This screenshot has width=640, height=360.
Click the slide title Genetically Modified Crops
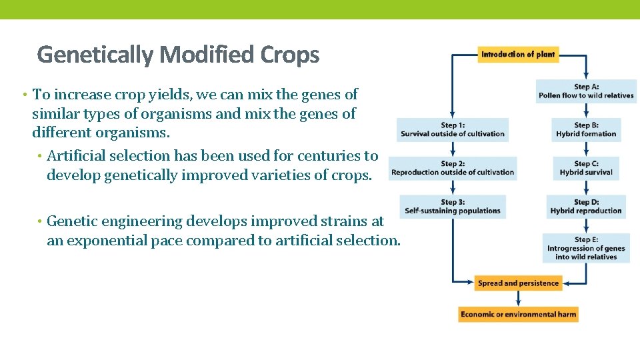pos(178,54)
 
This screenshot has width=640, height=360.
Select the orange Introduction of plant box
pos(518,54)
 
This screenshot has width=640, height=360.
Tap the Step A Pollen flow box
pos(586,91)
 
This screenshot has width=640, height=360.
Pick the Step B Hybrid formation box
pos(586,129)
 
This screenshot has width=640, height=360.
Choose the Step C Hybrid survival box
pos(586,168)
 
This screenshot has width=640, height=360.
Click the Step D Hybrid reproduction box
pos(586,207)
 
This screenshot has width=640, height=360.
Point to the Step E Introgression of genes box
pos(586,248)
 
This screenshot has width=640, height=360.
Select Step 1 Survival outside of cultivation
pos(453,129)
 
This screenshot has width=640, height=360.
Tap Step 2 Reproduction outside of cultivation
pos(453,168)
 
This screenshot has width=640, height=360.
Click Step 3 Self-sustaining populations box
pos(453,207)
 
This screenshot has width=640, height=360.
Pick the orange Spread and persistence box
pos(518,283)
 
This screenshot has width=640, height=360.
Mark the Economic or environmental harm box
pos(518,314)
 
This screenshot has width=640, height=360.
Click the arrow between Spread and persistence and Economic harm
pos(518,299)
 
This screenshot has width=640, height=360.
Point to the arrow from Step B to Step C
pos(586,149)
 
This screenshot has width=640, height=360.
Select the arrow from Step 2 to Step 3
pos(453,188)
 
